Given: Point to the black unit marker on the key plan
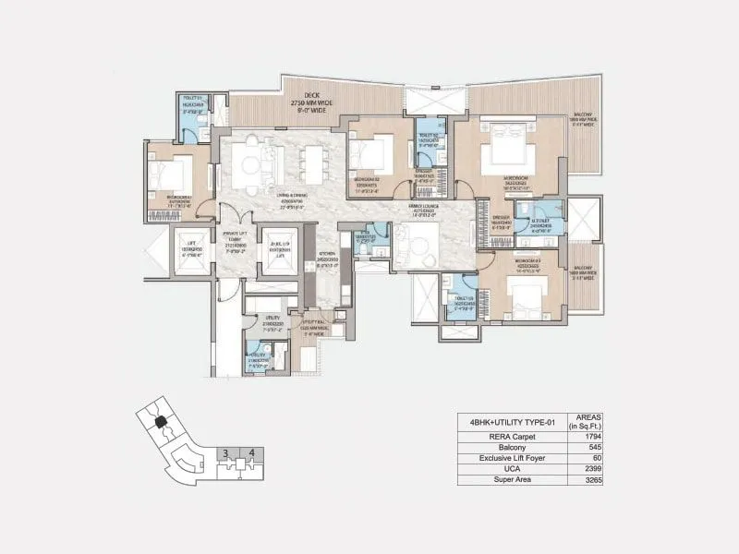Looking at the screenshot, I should pos(161,421).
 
